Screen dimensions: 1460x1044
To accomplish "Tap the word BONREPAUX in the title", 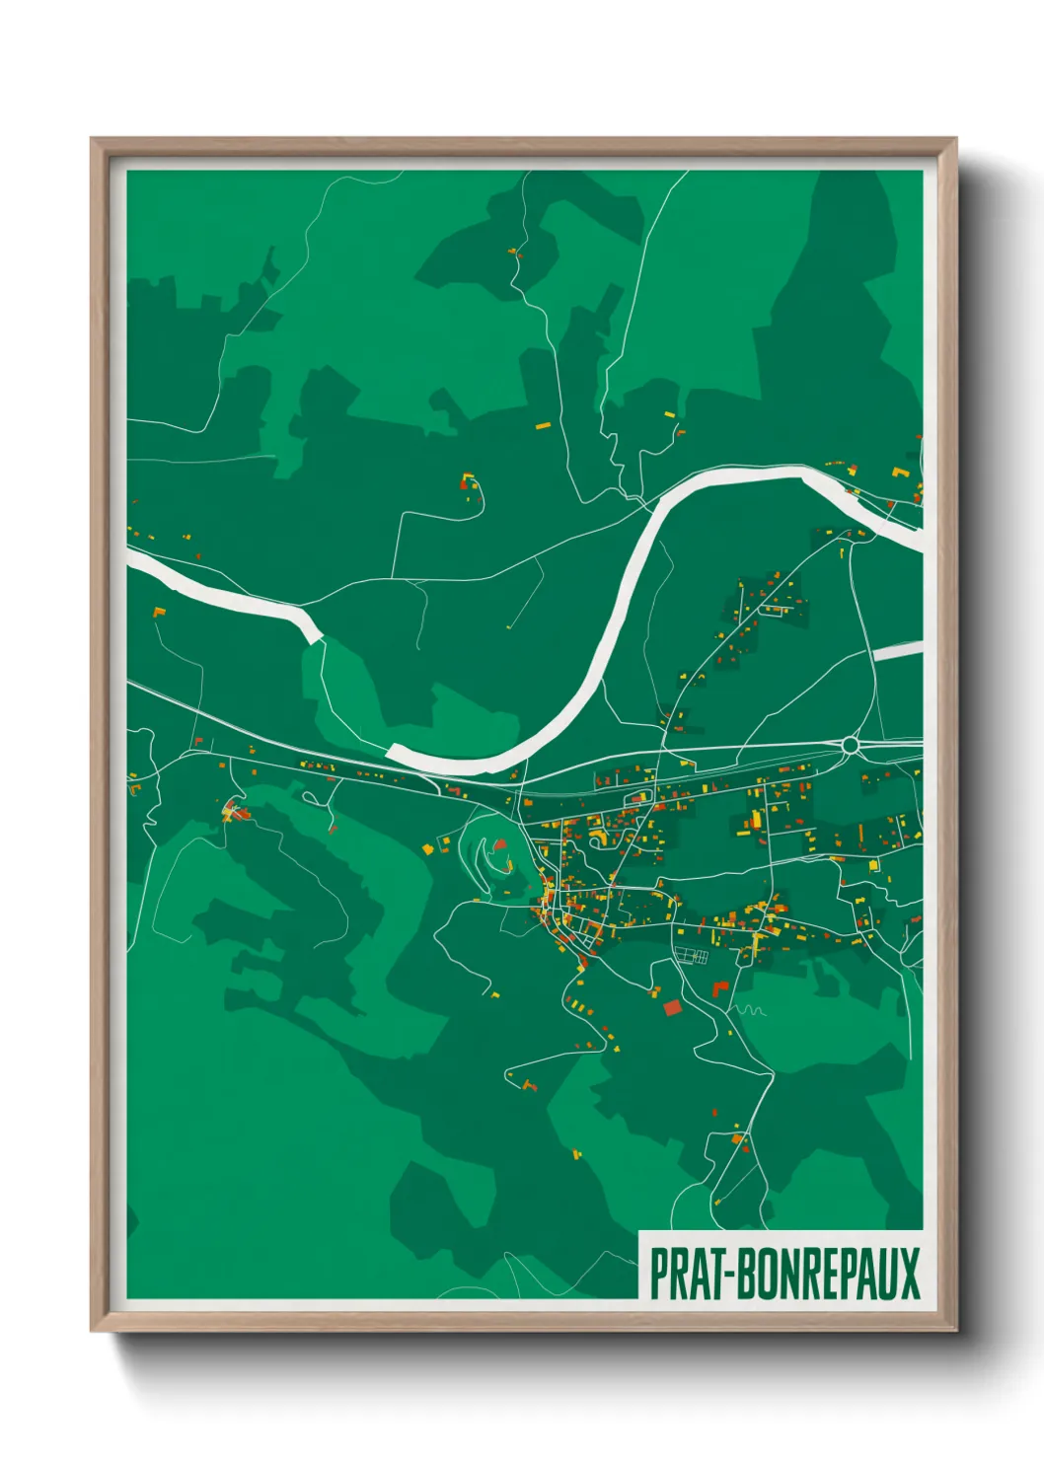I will (830, 1274).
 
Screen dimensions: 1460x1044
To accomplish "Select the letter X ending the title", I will (909, 1274).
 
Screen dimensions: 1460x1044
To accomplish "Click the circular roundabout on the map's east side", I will (850, 746).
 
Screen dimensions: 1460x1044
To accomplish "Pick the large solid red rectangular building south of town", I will (672, 1007).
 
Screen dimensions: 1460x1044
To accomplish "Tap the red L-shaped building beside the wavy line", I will (719, 988).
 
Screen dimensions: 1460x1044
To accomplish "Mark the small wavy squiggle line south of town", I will (751, 1010).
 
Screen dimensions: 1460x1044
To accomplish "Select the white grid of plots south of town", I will (691, 956).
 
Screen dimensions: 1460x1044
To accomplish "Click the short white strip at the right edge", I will (898, 651).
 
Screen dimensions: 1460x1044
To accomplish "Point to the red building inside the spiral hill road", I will (499, 844).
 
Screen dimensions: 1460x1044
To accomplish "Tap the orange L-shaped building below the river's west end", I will (159, 613).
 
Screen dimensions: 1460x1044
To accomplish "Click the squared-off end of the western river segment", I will (316, 630).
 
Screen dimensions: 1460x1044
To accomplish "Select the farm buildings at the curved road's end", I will (469, 483).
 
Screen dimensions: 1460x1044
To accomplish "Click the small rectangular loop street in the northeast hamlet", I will (777, 610).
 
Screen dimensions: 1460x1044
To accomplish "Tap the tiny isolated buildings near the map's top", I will (513, 252).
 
